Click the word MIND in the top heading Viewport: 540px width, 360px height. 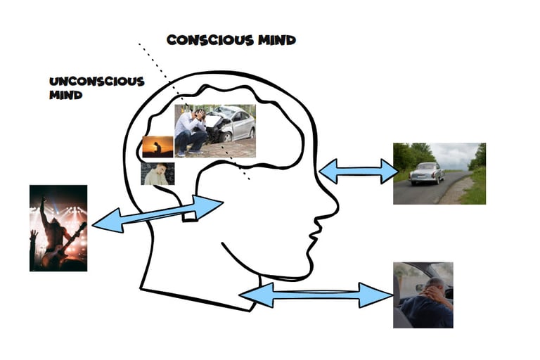(x=276, y=39)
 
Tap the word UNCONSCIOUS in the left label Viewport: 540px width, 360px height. (x=97, y=81)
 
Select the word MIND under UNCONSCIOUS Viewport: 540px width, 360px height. (x=65, y=95)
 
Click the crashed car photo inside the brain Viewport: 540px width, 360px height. (x=214, y=131)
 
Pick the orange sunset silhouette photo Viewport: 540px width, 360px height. (x=157, y=147)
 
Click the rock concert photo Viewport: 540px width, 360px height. (x=58, y=228)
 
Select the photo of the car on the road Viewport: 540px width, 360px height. (x=439, y=173)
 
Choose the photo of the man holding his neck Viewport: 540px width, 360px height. (x=423, y=295)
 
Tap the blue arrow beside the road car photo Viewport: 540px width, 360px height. (x=359, y=171)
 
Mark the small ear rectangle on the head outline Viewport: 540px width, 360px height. (x=190, y=214)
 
